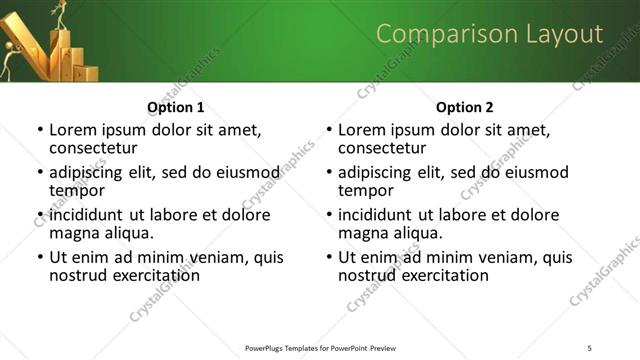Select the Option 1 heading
click(175, 107)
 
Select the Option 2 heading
click(464, 107)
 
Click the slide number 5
click(589, 347)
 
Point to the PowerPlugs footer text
click(320, 347)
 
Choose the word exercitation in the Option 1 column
click(151, 275)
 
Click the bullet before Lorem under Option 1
click(39, 130)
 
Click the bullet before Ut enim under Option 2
click(328, 258)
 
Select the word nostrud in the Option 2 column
click(364, 275)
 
